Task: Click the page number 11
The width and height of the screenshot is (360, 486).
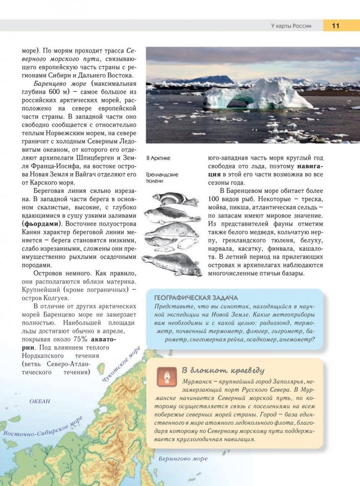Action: (x=336, y=26)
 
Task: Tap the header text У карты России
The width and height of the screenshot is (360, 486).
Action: (x=291, y=26)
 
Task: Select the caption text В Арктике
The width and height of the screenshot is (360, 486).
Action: (x=158, y=158)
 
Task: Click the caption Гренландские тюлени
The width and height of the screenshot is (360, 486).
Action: (x=162, y=177)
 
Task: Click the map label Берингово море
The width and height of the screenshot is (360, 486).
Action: (x=183, y=458)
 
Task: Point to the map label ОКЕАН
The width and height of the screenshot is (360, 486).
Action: (x=40, y=402)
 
